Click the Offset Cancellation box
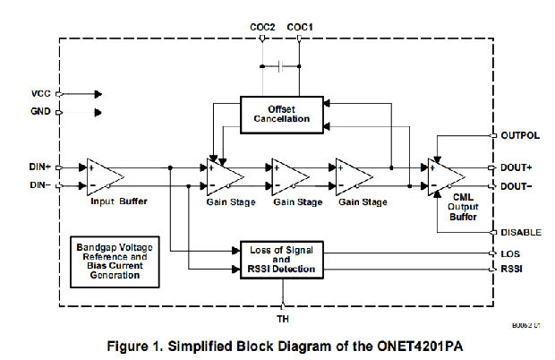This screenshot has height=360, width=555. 279,115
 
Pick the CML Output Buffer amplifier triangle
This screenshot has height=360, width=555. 445,176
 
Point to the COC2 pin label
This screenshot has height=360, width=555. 261,29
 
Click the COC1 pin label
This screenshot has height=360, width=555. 300,29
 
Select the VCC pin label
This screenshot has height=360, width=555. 41,92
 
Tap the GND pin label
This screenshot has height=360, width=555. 41,111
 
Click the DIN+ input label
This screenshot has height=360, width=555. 40,167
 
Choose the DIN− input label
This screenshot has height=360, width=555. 40,185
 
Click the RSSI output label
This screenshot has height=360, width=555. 511,268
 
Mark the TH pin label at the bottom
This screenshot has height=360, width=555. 282,318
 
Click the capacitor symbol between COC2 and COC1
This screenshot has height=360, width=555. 280,66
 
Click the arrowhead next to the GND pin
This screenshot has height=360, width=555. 98,112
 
